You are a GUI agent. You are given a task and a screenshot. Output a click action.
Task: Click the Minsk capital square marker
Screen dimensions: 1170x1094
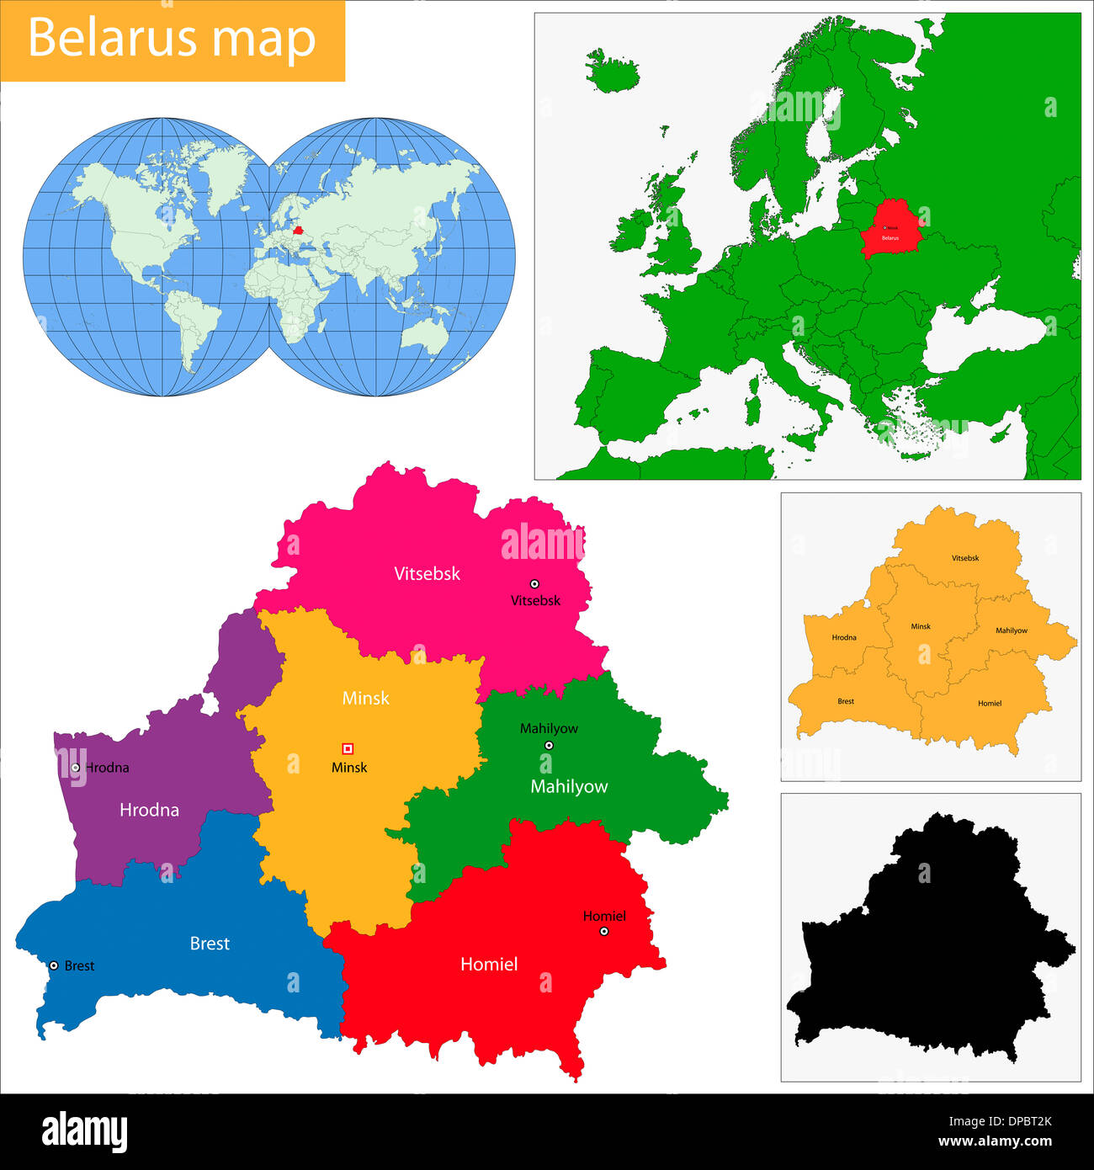click(x=348, y=748)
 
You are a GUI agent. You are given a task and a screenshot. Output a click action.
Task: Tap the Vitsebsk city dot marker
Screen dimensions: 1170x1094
click(x=534, y=583)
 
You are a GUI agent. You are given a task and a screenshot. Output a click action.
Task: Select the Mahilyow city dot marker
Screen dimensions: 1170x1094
click(x=549, y=745)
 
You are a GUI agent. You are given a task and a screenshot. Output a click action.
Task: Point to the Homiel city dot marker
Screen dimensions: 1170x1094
click(x=604, y=931)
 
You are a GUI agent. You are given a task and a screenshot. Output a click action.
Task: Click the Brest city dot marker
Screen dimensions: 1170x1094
click(x=54, y=965)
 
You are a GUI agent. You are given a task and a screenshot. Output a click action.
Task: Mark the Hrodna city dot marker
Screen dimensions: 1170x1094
click(x=76, y=767)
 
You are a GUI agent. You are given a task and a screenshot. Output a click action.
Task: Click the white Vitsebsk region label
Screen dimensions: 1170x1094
click(x=428, y=573)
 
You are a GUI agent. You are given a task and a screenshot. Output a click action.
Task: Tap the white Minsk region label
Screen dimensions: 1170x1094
click(x=366, y=698)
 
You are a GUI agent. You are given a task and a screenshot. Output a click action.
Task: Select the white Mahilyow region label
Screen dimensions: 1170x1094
click(x=569, y=786)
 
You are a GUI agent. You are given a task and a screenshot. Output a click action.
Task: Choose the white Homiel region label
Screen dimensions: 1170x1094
click(x=489, y=964)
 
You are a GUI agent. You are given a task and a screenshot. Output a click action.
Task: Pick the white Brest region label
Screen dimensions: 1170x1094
click(x=210, y=944)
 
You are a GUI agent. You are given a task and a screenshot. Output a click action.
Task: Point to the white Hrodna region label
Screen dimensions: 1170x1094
click(x=149, y=810)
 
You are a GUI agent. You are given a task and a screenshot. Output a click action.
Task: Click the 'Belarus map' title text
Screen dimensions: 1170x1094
click(x=172, y=39)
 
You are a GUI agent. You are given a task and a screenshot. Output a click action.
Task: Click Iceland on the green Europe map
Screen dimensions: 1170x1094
click(x=612, y=71)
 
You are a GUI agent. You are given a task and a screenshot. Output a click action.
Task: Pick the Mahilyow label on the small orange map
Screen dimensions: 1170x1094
click(x=1011, y=630)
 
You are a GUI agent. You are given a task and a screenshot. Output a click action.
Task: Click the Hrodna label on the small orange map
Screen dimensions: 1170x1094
click(x=844, y=637)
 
